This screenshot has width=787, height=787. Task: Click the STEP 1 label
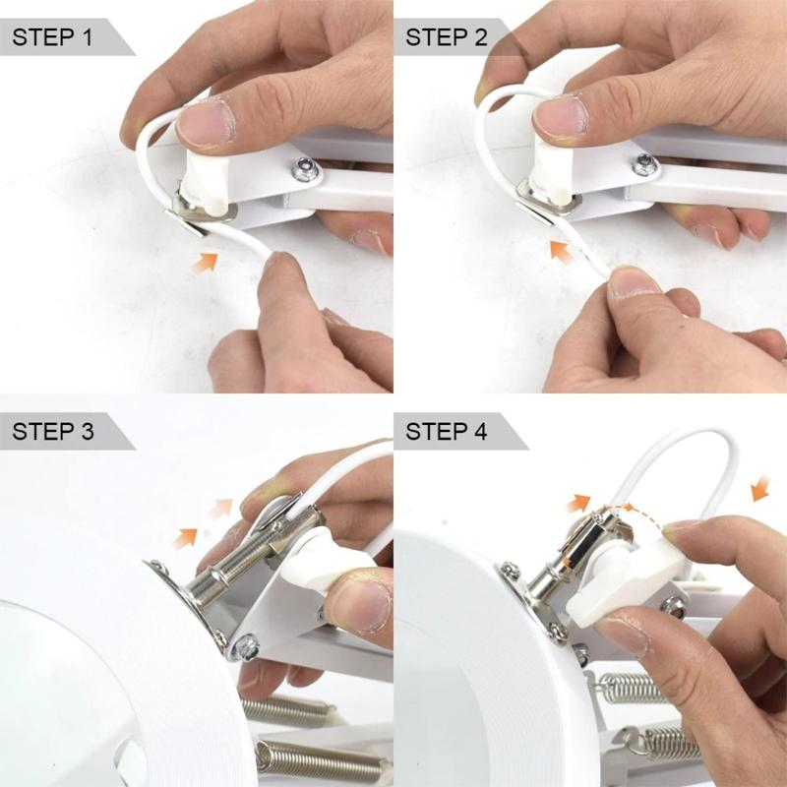coord(54,38)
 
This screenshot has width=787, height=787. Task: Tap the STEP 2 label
coord(447,38)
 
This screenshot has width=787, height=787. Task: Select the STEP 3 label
coord(54,431)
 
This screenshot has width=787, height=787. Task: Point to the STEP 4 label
coord(447,431)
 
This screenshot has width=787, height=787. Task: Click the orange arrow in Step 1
coord(206,262)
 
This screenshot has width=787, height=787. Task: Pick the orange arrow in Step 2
coord(562,253)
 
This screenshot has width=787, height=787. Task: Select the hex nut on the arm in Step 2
coord(644,163)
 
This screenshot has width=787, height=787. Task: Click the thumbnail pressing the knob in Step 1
coord(208,123)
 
